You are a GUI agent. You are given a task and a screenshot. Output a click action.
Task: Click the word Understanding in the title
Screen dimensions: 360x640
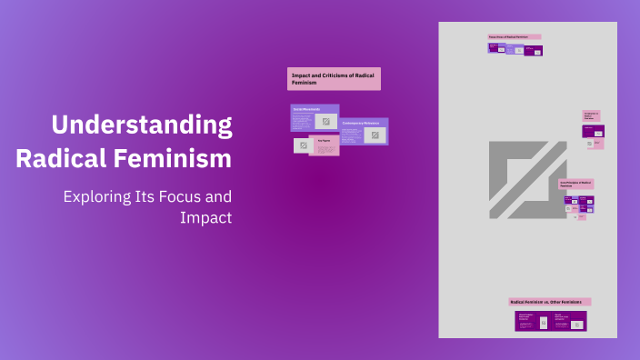(x=141, y=125)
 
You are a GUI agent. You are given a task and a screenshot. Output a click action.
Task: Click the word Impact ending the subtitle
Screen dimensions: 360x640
(x=206, y=218)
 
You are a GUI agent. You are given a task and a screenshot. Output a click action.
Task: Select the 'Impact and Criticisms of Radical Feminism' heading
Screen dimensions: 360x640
(x=334, y=78)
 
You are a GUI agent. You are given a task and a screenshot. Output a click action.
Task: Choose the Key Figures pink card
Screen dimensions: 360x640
(x=325, y=145)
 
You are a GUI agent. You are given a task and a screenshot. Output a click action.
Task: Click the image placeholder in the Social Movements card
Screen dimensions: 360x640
(x=326, y=122)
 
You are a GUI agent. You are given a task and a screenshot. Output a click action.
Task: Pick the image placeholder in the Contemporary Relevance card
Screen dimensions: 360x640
(x=375, y=135)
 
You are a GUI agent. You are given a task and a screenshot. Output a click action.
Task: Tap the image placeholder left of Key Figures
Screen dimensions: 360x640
(x=301, y=145)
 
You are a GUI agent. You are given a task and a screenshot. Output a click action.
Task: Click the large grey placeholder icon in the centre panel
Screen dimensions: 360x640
(x=527, y=179)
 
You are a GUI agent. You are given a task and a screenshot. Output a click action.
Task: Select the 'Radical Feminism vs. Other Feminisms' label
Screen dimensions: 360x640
(x=549, y=301)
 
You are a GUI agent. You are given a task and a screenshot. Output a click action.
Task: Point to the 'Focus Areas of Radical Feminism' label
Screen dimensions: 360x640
(x=514, y=37)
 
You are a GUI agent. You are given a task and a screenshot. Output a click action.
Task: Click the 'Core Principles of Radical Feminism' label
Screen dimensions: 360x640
(x=576, y=183)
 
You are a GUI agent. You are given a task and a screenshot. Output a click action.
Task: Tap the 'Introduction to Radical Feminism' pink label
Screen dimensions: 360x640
(x=591, y=115)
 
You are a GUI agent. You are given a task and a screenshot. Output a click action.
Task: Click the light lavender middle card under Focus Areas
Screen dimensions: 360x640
(x=514, y=49)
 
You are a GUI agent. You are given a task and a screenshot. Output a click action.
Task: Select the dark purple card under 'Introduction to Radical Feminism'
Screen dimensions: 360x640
(x=593, y=131)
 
